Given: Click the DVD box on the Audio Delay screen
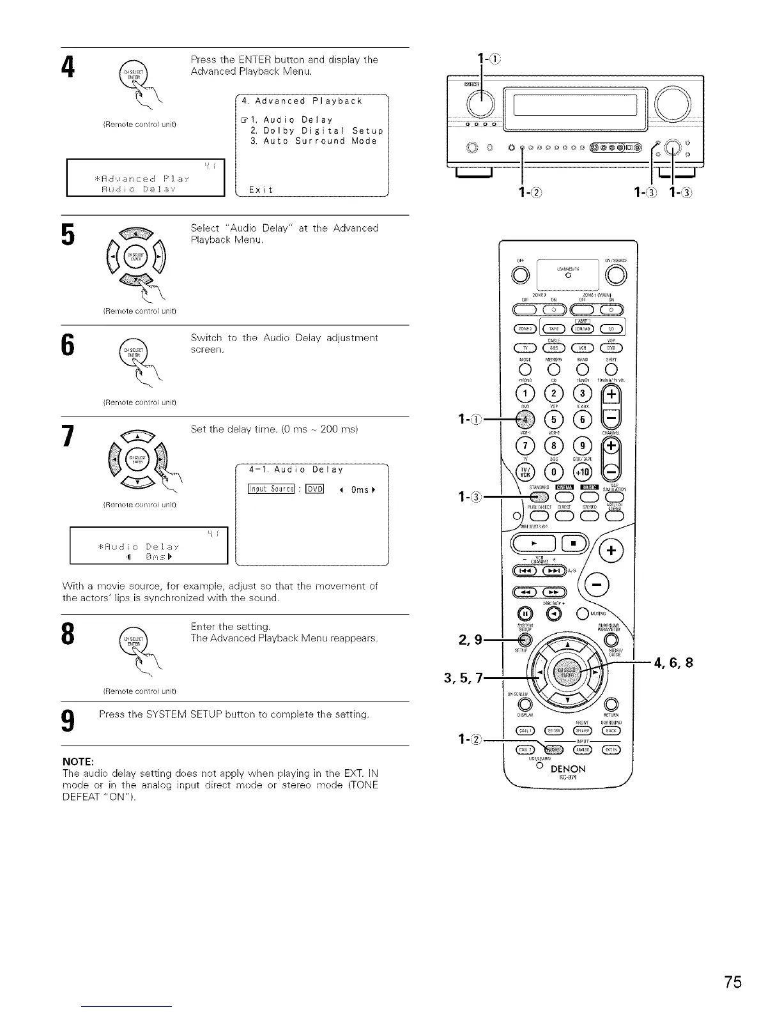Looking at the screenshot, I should (x=315, y=489).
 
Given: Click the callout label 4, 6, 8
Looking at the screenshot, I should (x=672, y=662).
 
